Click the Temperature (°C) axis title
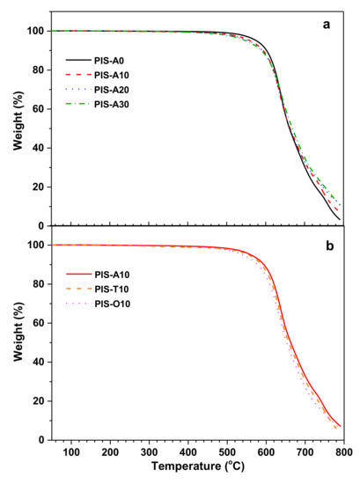pos(197,473)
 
